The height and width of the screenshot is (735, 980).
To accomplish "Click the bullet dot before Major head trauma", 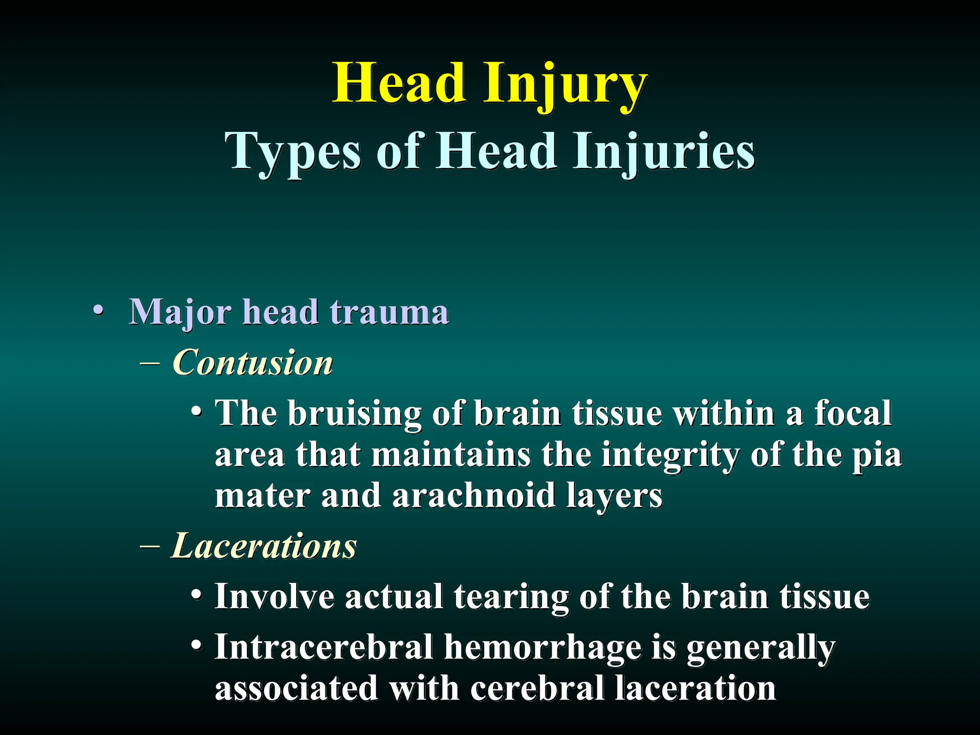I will pyautogui.click(x=98, y=311).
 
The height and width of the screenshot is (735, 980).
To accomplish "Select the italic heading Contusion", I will pyautogui.click(x=252, y=363).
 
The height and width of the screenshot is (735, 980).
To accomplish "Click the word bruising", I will pyautogui.click(x=355, y=413).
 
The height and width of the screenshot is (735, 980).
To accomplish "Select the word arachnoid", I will pyautogui.click(x=474, y=496).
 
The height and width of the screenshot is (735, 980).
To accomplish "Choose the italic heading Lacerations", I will pyautogui.click(x=264, y=546).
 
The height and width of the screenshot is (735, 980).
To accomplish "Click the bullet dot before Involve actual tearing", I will pyautogui.click(x=196, y=595).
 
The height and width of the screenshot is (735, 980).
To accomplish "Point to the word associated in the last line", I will pyautogui.click(x=297, y=688).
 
